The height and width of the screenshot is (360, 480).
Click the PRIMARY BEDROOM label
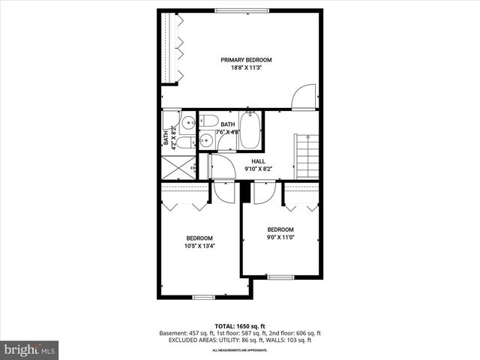pyautogui.click(x=246, y=60)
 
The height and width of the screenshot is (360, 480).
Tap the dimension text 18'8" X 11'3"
pyautogui.click(x=246, y=68)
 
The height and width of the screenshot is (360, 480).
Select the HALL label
pyautogui.click(x=258, y=161)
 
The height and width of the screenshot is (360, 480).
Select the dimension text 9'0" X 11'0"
pyautogui.click(x=280, y=238)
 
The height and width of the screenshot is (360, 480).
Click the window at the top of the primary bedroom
pyautogui.click(x=239, y=10)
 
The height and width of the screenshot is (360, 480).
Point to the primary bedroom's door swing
pyautogui.click(x=303, y=97)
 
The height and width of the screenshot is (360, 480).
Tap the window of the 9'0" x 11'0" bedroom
pyautogui.click(x=280, y=277)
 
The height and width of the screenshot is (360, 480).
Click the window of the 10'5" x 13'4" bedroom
pyautogui.click(x=204, y=297)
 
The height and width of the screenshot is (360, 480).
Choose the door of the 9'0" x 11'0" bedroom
pyautogui.click(x=264, y=193)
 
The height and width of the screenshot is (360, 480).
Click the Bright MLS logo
pyautogui.click(x=30, y=349)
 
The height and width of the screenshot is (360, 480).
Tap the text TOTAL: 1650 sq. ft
pyautogui.click(x=240, y=325)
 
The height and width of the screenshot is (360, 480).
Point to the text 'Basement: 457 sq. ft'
pyautogui.click(x=184, y=333)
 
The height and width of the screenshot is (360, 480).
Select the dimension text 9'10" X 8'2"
pyautogui.click(x=258, y=169)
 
